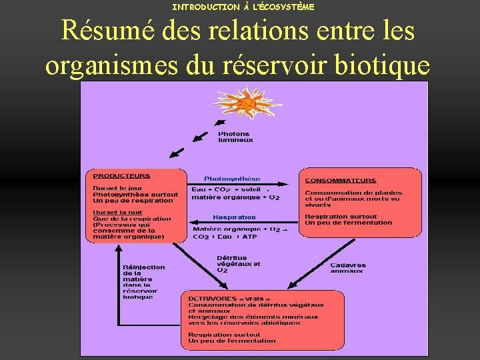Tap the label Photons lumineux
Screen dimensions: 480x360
point(235,137)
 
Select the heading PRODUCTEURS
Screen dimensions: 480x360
point(121,176)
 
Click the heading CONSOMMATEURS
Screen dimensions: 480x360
point(340,181)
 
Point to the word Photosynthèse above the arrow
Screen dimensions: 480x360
point(232,179)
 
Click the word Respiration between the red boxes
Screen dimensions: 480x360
point(234,217)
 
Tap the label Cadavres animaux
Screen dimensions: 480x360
point(347,267)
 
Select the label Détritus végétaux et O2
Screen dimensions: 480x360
point(238,264)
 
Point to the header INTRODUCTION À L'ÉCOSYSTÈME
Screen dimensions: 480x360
point(243,7)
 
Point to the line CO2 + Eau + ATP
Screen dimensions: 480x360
point(225,237)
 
